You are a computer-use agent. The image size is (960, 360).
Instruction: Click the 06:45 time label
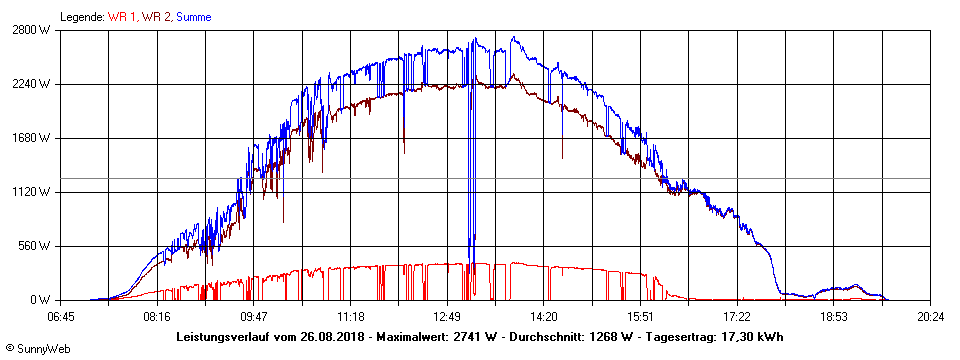pyautogui.click(x=60, y=316)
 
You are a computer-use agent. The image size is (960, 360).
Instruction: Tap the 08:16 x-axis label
pyautogui.click(x=157, y=316)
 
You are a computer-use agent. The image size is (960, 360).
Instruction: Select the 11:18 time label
pyautogui.click(x=351, y=316)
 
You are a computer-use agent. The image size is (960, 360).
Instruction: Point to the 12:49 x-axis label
pyautogui.click(x=447, y=316)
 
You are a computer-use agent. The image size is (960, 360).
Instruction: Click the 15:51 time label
pyautogui.click(x=641, y=316)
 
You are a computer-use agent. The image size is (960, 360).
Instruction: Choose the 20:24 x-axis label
pyautogui.click(x=931, y=316)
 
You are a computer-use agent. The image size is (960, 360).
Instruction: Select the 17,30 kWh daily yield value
pyautogui.click(x=751, y=336)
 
